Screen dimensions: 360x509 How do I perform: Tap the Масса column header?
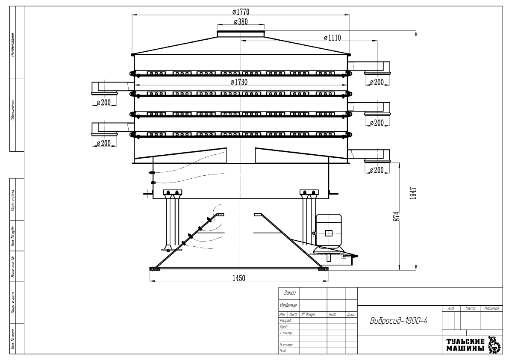click(x=470, y=308)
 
